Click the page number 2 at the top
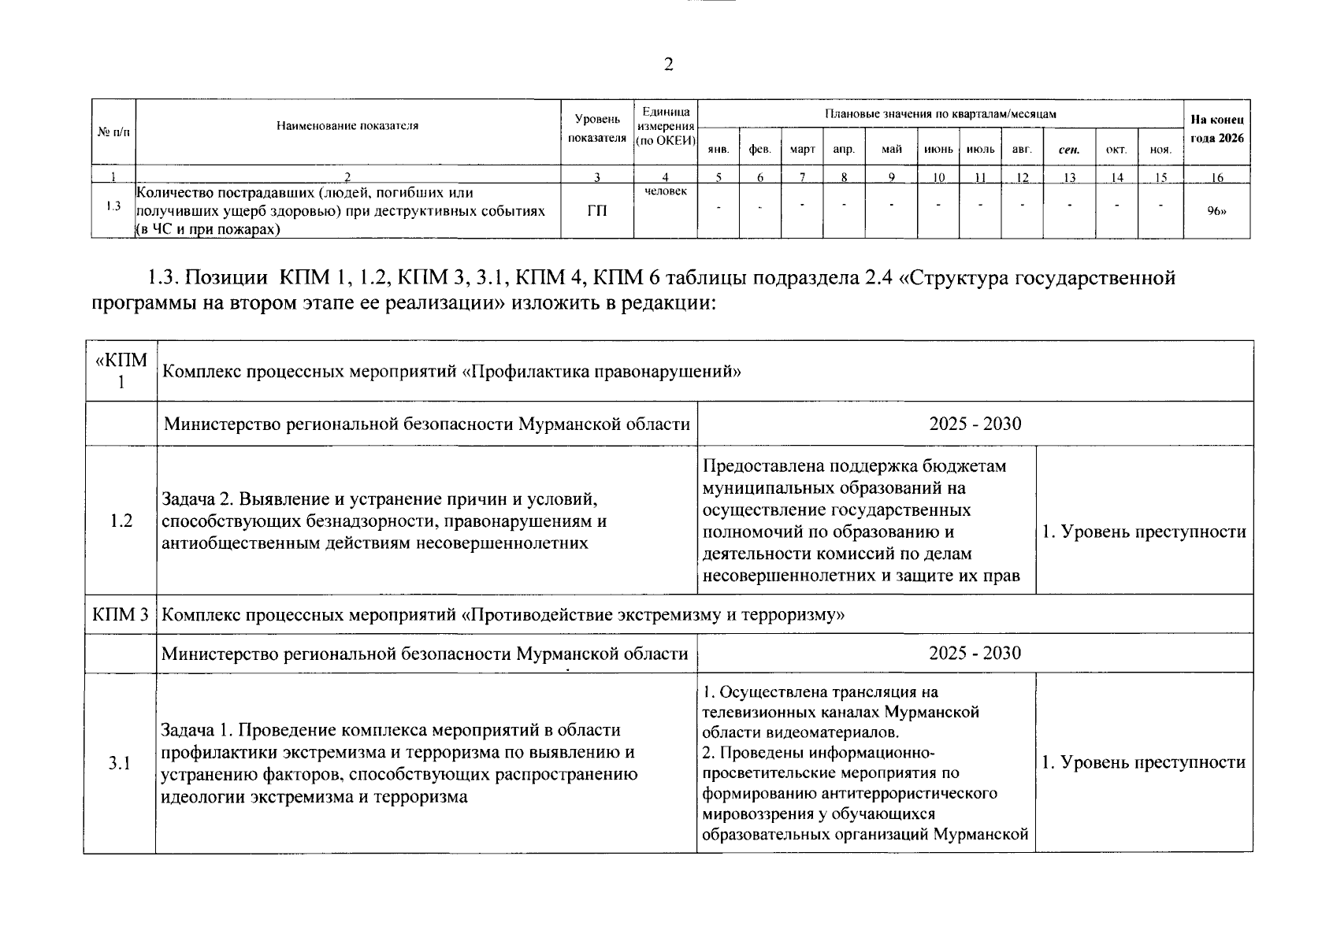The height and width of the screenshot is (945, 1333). pos(668,65)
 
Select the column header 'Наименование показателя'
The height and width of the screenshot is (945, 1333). pos(347,125)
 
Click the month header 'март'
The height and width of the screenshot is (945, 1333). pos(802,149)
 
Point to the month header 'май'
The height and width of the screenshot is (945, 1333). pos(891,149)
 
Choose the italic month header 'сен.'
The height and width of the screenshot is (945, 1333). pos(1069,149)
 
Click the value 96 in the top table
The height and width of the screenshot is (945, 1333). pos(1217,211)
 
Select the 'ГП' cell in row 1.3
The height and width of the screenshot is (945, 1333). pos(597,211)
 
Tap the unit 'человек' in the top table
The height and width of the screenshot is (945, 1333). pos(666,191)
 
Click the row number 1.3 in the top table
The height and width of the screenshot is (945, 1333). pos(113,207)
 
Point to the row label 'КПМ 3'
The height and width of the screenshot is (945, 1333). pos(121,614)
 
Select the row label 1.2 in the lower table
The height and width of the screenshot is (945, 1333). pos(121,521)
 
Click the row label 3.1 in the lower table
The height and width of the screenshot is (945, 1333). pos(120,763)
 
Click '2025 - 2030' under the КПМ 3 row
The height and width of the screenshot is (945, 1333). pos(975,653)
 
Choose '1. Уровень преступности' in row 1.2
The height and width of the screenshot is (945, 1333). pos(1144,532)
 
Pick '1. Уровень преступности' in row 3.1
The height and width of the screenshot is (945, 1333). pos(1144,762)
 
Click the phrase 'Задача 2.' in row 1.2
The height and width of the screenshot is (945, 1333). pos(197,499)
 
